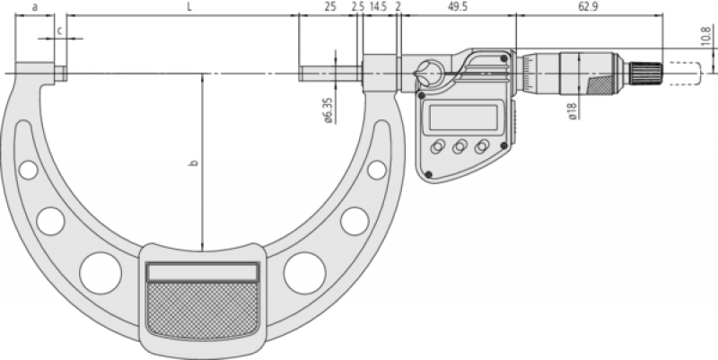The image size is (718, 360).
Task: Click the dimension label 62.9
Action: (x=588, y=7)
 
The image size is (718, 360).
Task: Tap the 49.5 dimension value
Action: (x=458, y=7)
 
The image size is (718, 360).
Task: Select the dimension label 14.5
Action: (x=378, y=7)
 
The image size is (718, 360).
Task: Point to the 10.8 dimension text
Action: (x=708, y=35)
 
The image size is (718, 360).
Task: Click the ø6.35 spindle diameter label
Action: (x=328, y=110)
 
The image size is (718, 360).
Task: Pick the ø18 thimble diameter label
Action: (x=573, y=111)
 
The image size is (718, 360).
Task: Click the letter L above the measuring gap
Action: (x=189, y=7)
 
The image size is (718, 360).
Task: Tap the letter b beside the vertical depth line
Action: (x=194, y=162)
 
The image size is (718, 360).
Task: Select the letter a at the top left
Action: (x=35, y=7)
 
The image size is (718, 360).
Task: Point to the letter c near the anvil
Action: (x=59, y=31)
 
